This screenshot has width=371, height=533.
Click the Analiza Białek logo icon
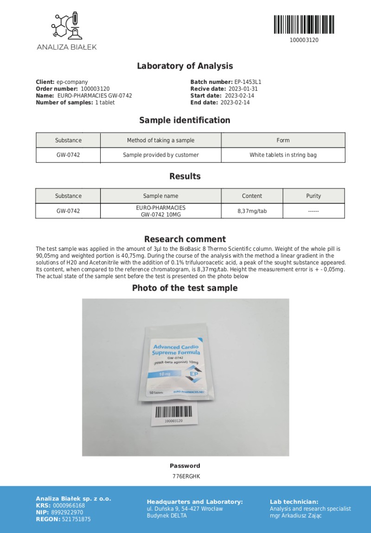(66, 26)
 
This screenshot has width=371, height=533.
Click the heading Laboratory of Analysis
(185, 66)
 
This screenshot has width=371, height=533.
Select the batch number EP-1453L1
(248, 82)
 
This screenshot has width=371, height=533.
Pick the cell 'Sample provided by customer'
(160, 155)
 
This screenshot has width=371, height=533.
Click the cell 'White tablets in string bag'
(283, 155)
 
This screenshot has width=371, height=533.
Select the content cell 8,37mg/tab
(252, 211)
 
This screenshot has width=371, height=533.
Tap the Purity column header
(313, 196)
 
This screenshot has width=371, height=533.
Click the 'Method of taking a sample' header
(160, 140)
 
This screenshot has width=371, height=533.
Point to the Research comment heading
(185, 239)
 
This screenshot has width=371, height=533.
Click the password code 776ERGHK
(185, 476)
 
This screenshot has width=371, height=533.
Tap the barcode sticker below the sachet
(173, 414)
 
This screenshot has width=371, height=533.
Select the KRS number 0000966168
(69, 506)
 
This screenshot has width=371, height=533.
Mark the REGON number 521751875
(77, 520)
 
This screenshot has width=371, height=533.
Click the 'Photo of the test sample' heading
(185, 288)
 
